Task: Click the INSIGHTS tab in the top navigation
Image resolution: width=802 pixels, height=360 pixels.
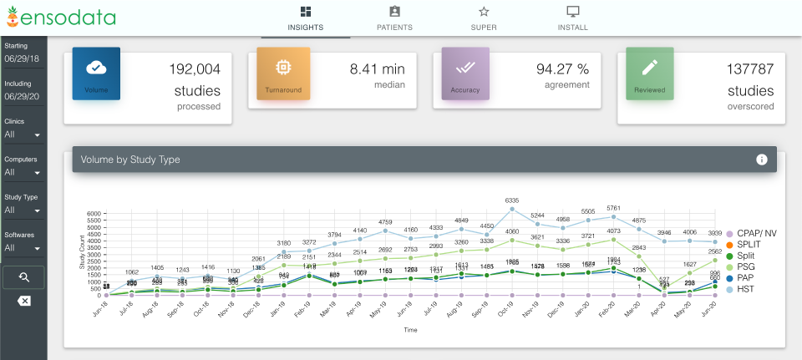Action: [305, 18]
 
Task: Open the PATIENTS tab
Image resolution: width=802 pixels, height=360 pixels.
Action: [394, 18]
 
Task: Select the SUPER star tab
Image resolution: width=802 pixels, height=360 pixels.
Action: [483, 18]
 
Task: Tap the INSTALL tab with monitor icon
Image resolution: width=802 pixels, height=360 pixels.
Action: [572, 18]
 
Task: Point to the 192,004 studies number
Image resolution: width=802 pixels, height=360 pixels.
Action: [195, 69]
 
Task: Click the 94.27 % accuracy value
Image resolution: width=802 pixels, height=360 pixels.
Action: [562, 68]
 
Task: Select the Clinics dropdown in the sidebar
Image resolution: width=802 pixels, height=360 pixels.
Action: [23, 134]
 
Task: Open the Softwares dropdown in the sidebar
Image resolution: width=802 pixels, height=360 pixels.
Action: [23, 247]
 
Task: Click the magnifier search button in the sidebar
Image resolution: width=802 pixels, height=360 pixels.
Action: [23, 276]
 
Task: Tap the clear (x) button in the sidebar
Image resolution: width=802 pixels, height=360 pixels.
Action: [23, 301]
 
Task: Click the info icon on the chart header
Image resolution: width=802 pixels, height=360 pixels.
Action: [761, 160]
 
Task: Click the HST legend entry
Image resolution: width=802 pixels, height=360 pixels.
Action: [746, 289]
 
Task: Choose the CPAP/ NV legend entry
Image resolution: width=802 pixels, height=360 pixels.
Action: [755, 233]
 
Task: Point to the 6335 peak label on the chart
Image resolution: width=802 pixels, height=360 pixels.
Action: [512, 200]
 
